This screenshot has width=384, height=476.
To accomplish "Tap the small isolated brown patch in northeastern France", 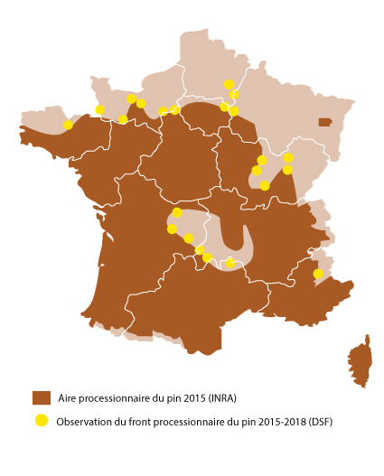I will click(x=324, y=122).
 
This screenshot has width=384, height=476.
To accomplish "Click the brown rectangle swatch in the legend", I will click(x=41, y=398).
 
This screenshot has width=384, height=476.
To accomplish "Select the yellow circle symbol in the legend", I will click(x=41, y=420).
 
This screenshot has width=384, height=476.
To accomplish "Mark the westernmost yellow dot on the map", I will click(x=68, y=125).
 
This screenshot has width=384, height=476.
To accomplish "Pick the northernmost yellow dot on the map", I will click(x=229, y=84).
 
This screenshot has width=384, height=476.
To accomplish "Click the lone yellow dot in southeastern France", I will click(x=317, y=273).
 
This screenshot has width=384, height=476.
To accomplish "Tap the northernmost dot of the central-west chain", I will click(x=177, y=212).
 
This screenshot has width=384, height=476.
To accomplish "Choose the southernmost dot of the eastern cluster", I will click(x=265, y=185).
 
